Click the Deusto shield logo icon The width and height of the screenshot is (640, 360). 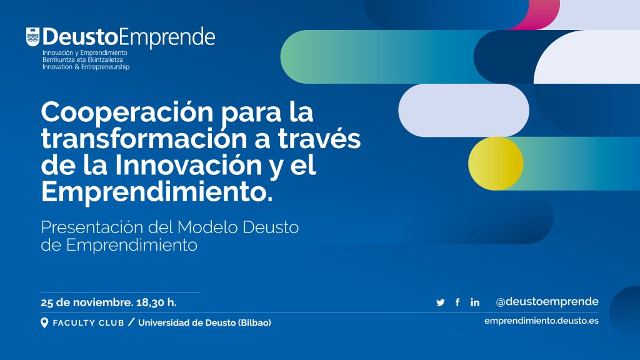coord(32,37)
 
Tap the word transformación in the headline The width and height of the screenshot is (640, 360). coord(144,138)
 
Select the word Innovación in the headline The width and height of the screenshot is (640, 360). coord(188,164)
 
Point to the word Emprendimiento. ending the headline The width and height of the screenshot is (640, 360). coord(157,191)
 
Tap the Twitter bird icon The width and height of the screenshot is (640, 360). coord(441,302)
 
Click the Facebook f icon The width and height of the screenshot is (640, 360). coord(457,302)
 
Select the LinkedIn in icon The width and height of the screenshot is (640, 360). coord(475,302)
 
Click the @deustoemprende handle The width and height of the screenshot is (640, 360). coord(547,302)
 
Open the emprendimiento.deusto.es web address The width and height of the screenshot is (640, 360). coord(542,321)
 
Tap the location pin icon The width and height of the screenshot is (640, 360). coord(44,323)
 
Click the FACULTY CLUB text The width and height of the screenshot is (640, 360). coord(89,323)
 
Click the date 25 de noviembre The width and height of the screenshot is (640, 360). coord(87,303)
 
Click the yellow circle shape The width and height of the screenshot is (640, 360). coord(496,163)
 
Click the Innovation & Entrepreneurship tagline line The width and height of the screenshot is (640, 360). coord(86,67)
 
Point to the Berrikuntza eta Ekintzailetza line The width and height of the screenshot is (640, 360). coord(82,59)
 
